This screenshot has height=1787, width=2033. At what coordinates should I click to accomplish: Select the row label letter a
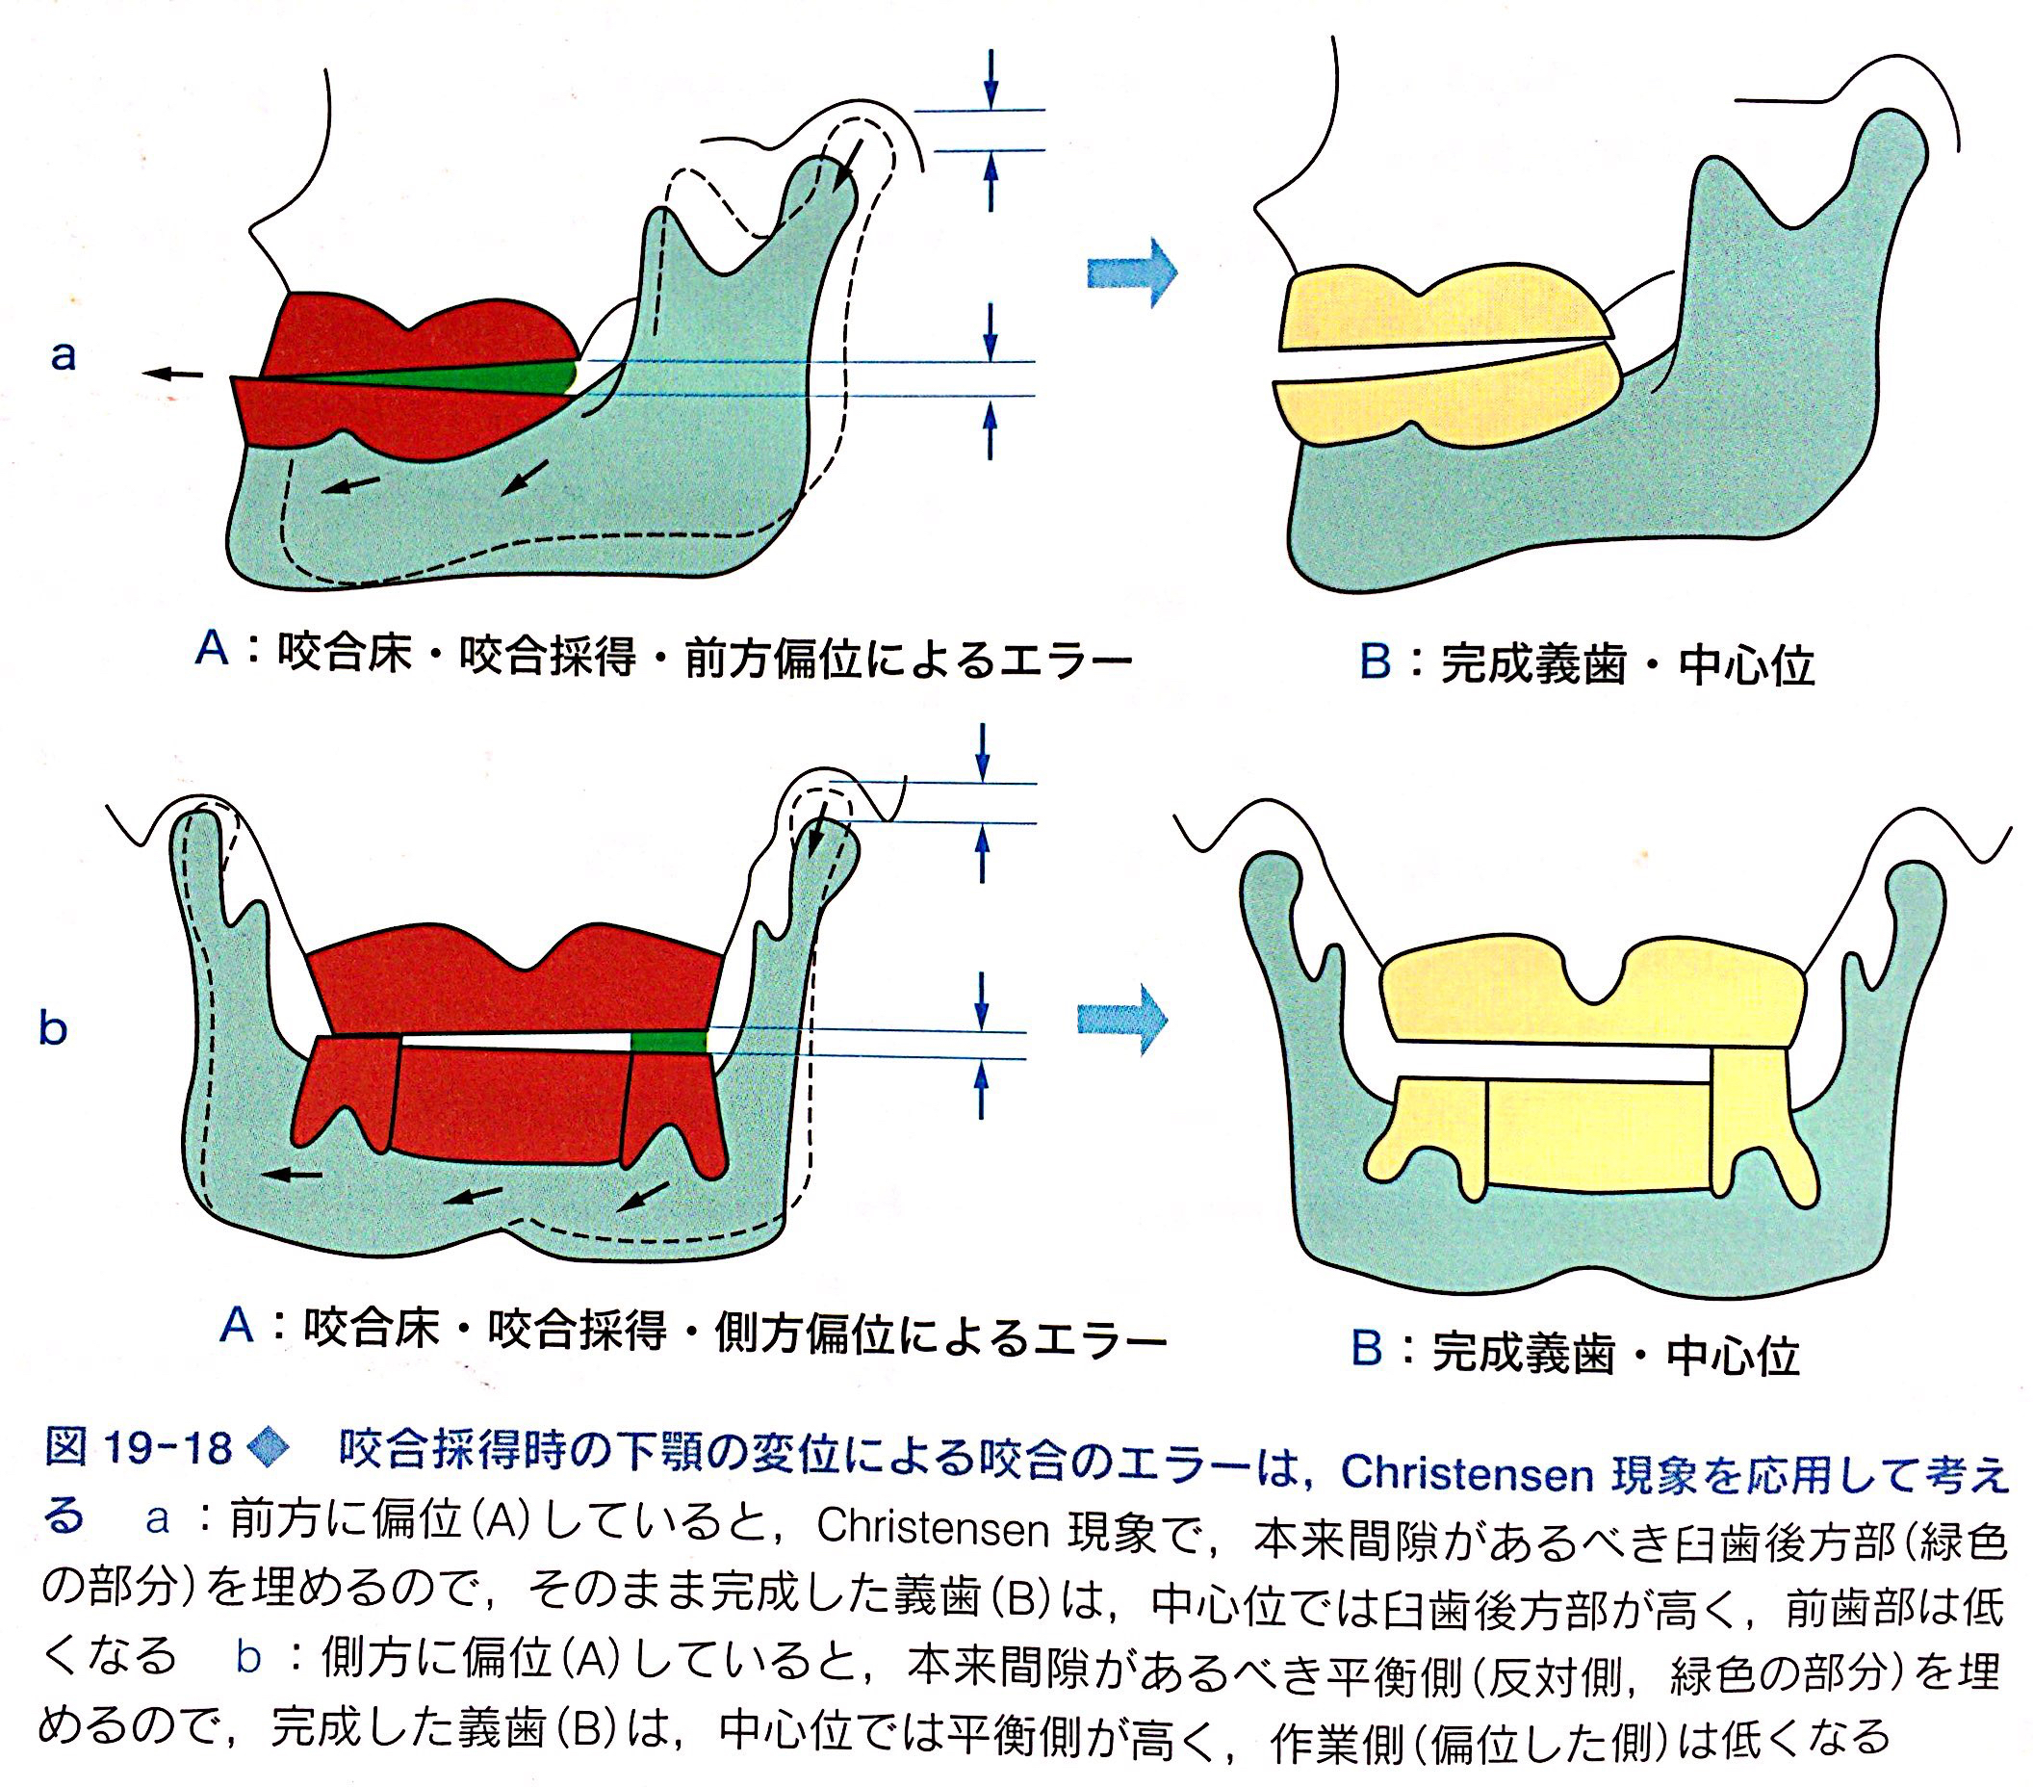pos(63,355)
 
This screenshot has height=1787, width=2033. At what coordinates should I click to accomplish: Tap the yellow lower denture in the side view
pos(1442,406)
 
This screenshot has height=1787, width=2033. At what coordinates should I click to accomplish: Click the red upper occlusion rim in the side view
pos(418,328)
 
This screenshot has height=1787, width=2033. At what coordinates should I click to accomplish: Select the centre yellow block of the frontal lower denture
pos(1597,1134)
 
